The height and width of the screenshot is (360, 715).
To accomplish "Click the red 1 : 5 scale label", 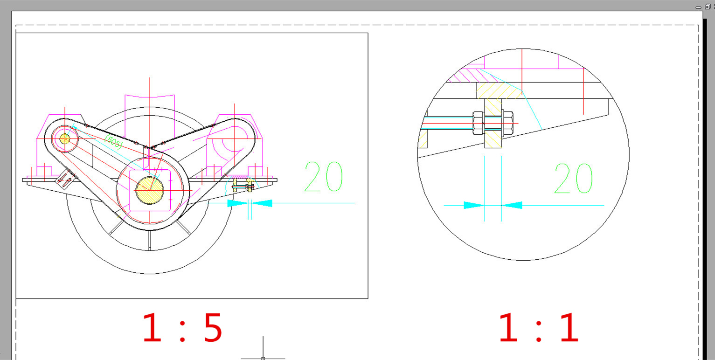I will [x=182, y=328].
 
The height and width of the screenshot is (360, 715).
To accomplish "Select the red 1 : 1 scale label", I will [x=539, y=328].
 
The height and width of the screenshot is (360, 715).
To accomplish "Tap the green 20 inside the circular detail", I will [x=573, y=179].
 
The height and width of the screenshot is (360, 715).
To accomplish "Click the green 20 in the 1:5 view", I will [x=323, y=177].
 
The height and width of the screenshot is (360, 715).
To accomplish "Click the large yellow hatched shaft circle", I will [x=149, y=190].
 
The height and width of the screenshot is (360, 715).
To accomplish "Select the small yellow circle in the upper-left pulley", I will [x=64, y=138].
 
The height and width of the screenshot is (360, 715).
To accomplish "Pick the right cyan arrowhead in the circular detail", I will [x=512, y=205].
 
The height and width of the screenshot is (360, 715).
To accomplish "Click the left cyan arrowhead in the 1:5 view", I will [x=237, y=203].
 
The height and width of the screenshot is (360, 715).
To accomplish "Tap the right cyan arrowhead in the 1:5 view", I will [x=262, y=203].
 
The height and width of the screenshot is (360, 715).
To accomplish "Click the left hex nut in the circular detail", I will [x=478, y=123].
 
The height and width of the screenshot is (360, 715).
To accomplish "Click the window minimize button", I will [x=698, y=7].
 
